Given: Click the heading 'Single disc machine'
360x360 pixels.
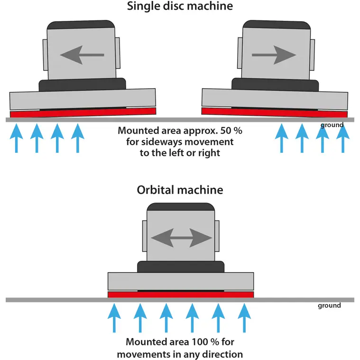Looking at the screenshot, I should (180, 7).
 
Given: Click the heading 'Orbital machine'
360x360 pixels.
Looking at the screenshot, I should (180, 190).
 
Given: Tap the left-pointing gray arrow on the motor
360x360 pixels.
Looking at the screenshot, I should (82, 55).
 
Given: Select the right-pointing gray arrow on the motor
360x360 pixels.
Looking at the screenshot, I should (274, 55).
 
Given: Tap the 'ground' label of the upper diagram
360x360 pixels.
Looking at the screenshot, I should (332, 125).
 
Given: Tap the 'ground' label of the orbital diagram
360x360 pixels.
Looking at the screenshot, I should (329, 305).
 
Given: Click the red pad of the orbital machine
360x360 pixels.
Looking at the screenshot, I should (181, 295).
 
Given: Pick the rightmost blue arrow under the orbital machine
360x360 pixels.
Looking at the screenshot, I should (244, 318).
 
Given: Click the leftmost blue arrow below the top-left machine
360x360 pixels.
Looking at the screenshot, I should (16, 138).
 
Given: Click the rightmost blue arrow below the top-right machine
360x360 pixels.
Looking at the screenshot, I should (342, 138).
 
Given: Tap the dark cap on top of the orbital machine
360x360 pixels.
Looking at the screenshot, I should (180, 207).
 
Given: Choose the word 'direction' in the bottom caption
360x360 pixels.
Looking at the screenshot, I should (221, 354).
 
